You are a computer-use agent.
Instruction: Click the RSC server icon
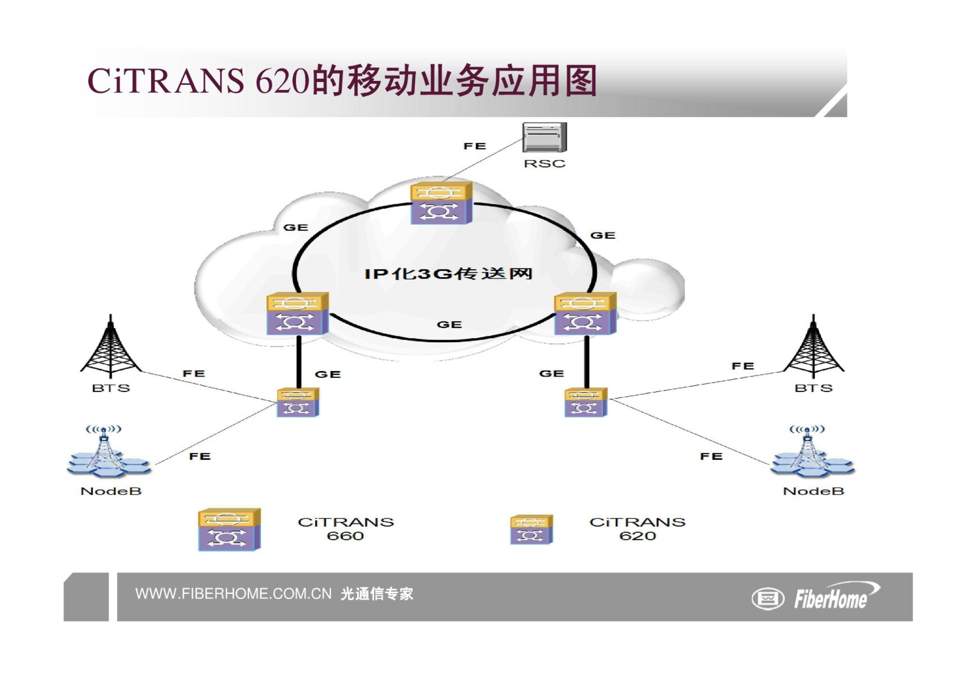coord(545,137)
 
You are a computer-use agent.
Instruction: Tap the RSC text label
coord(544,164)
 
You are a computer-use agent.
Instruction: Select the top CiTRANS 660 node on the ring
coord(442,203)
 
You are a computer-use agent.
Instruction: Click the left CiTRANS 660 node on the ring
coord(298,314)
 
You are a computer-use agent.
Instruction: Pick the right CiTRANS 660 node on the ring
coord(585,314)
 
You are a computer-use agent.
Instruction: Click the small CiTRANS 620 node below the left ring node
coord(298,402)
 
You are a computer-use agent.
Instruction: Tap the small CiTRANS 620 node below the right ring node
coord(586,402)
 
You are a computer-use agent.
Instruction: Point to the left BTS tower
coord(111,347)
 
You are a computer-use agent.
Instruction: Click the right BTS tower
coord(813,347)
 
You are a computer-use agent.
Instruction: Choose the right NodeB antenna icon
coord(812,452)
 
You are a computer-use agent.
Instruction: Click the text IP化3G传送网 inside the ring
coord(448,274)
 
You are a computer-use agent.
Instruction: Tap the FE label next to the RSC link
coord(474,146)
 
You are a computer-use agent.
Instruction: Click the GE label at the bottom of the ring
coord(449,325)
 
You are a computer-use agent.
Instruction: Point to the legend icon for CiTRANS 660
coord(229,529)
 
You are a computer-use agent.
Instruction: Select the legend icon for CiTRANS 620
coord(531,529)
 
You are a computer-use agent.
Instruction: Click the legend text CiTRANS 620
coord(637,529)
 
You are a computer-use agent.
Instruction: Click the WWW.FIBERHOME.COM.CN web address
coord(233,594)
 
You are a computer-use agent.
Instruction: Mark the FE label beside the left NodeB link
coord(200,457)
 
